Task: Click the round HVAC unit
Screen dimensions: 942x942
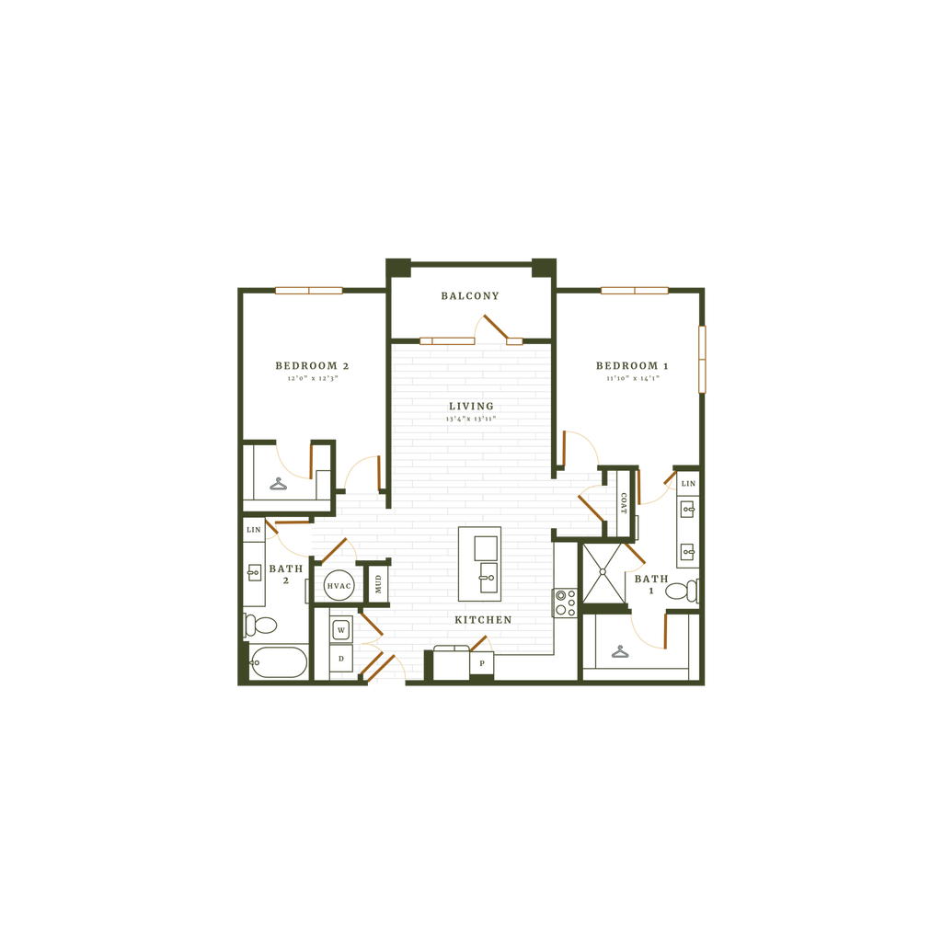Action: coord(339,585)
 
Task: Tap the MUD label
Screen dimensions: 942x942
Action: coord(375,582)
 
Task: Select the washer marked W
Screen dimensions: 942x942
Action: coord(340,630)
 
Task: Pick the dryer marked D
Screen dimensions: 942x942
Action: coord(340,659)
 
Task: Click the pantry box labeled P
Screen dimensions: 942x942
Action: coord(481,663)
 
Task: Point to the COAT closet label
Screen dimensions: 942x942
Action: coord(623,502)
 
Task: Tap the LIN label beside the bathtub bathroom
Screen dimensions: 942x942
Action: coord(254,531)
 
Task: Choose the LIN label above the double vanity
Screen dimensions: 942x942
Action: coord(688,484)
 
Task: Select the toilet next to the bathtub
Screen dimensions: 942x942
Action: coord(263,626)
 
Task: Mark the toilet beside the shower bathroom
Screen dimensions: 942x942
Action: coord(680,591)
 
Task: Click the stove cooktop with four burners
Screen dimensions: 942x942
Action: coord(565,603)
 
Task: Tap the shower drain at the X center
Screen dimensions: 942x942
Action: coord(603,570)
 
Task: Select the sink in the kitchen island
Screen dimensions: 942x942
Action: coord(487,580)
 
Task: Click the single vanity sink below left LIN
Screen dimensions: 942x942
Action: coord(254,572)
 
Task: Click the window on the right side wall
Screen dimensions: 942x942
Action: coord(704,359)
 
